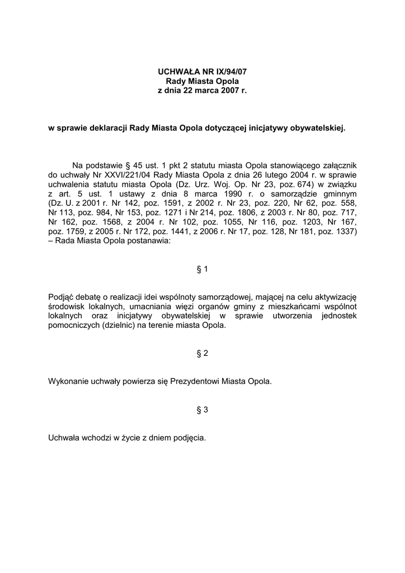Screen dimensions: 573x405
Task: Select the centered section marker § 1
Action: [202, 269]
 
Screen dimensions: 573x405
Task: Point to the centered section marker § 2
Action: [202, 353]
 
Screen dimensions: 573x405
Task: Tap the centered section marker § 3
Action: [202, 410]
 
